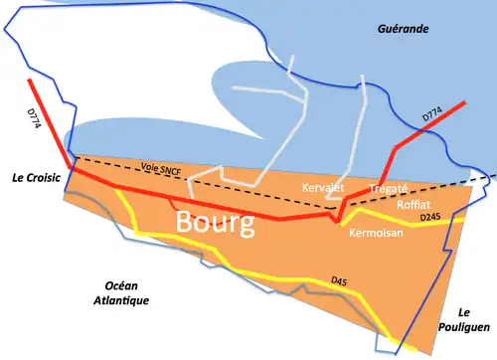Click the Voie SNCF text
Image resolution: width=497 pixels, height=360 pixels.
click(161, 170)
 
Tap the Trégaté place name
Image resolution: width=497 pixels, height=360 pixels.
click(389, 188)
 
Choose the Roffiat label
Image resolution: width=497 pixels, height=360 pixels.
click(413, 204)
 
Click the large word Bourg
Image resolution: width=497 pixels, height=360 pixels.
click(214, 221)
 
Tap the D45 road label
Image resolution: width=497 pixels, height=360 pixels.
click(340, 281)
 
